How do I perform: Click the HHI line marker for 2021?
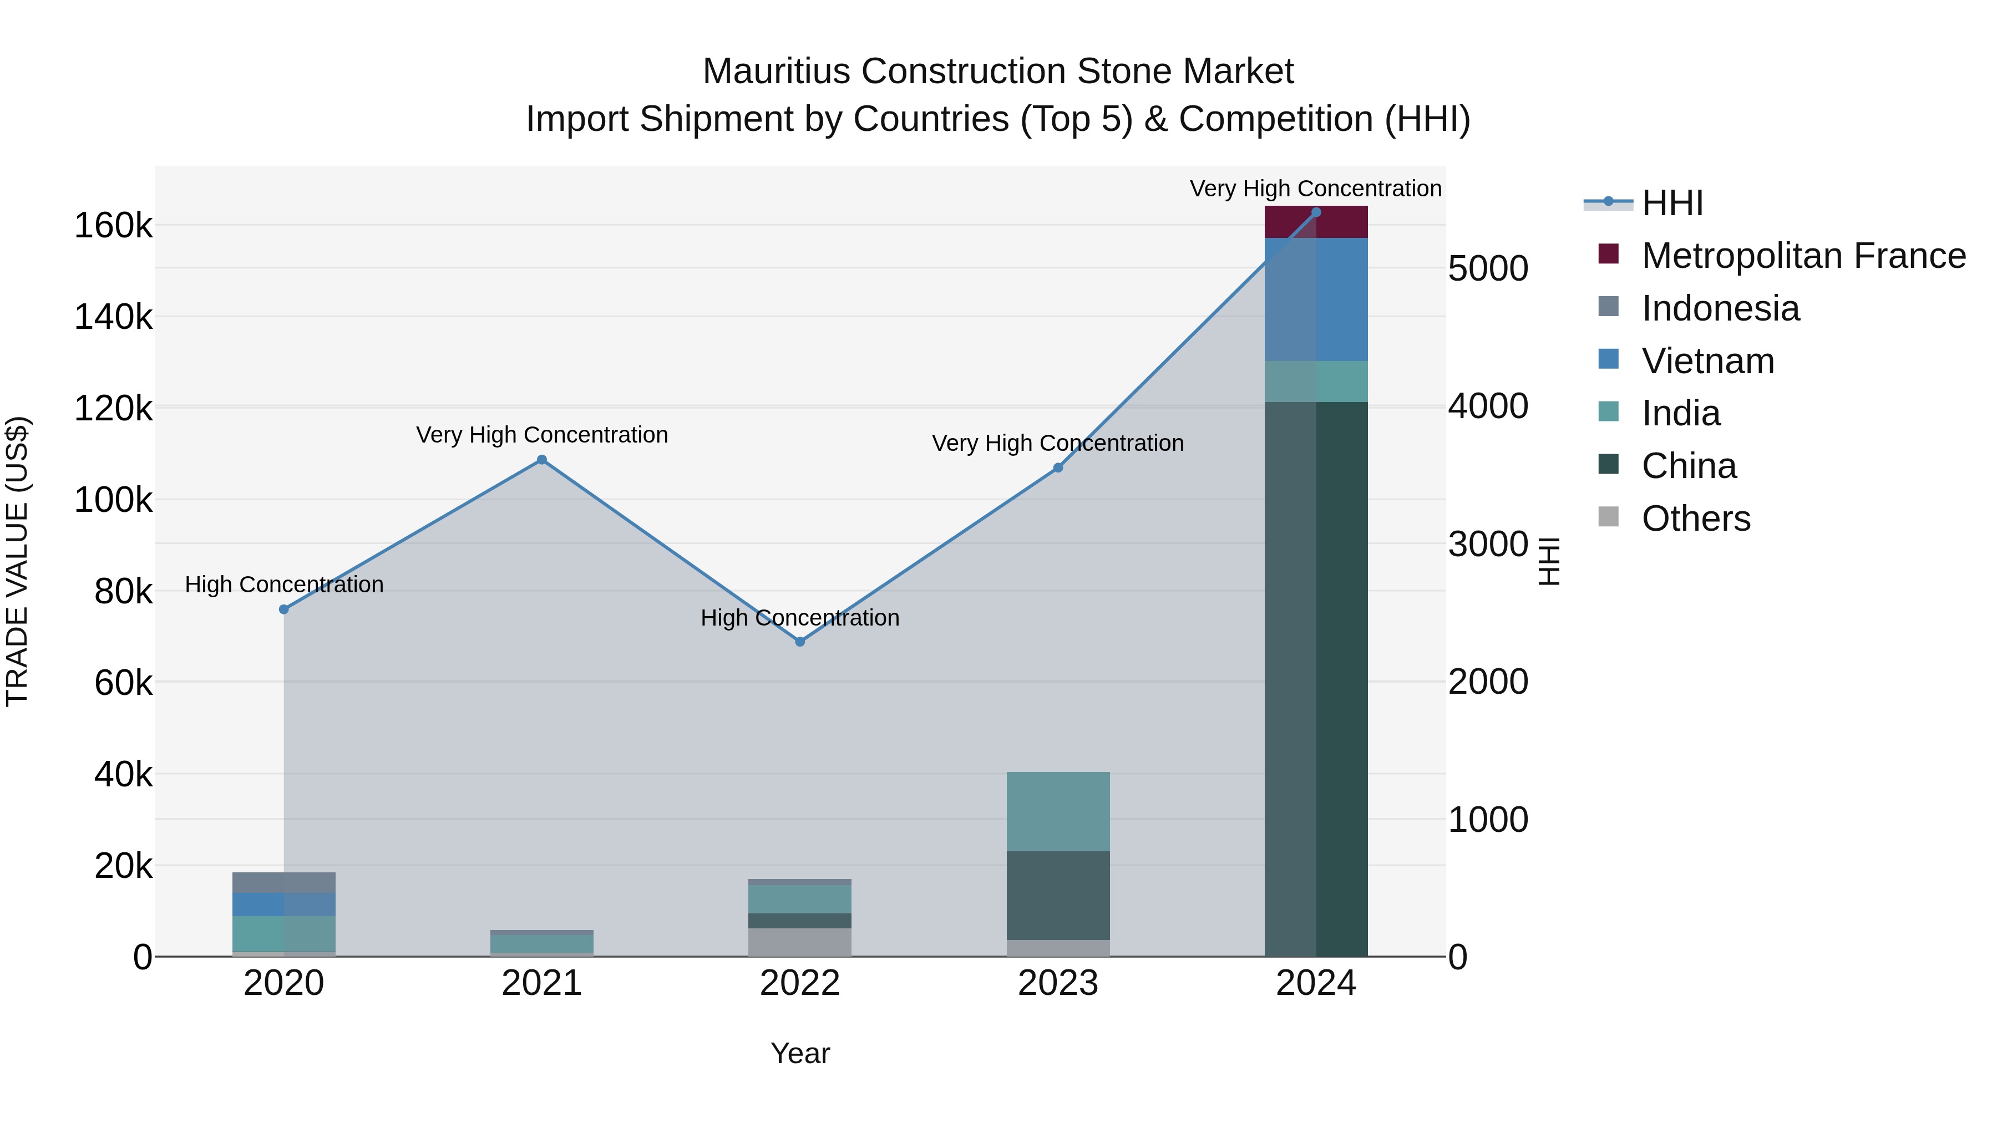[x=542, y=460]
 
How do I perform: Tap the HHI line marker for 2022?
[x=800, y=642]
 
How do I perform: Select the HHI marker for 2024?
[x=1316, y=212]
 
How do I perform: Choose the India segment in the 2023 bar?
[x=1058, y=811]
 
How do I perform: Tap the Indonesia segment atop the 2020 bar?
[x=283, y=883]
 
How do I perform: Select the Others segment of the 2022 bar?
[x=800, y=942]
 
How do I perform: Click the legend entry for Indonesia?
[x=1720, y=308]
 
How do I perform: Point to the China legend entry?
[x=1689, y=466]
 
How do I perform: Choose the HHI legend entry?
[x=1672, y=203]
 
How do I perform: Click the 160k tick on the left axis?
[x=113, y=226]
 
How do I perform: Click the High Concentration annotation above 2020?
[x=283, y=585]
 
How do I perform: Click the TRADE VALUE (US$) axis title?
[x=17, y=561]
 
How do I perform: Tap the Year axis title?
[x=800, y=1053]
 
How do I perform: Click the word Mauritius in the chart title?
[x=776, y=72]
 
